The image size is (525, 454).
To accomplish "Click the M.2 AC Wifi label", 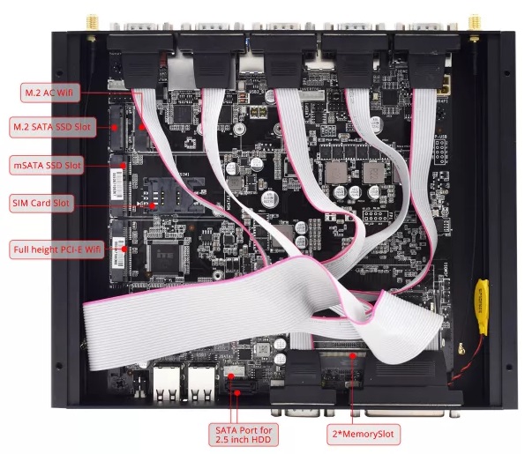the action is tap(50, 93).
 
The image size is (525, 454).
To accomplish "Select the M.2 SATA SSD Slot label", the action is tap(53, 127).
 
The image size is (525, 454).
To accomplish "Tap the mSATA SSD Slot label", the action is tap(47, 165).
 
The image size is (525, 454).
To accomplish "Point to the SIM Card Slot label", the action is tap(41, 203).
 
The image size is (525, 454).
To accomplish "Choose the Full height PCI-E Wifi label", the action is tap(56, 249).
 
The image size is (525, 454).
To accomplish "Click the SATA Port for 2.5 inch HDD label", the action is tap(244, 435).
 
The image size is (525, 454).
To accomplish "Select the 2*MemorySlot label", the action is tap(364, 435).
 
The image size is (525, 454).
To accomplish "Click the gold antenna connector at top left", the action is tap(90, 23).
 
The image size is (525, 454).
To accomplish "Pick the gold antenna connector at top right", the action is tap(474, 23).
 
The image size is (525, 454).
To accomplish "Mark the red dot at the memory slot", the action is tap(352, 356).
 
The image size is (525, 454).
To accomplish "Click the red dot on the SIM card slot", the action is tap(153, 205).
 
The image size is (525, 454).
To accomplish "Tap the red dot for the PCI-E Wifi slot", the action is tap(124, 249).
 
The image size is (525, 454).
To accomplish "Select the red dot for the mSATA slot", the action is tap(124, 165).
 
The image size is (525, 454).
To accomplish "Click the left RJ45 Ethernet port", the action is tap(167, 382).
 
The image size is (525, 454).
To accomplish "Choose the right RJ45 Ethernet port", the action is tap(201, 382).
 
